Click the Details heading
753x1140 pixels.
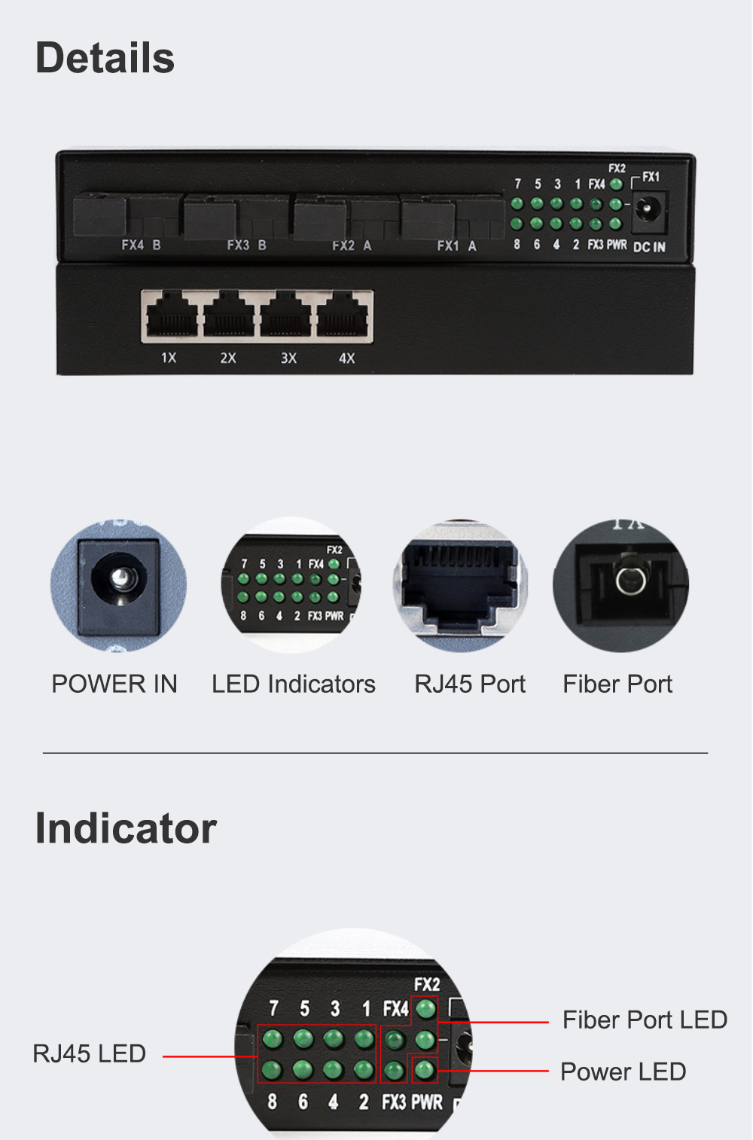click(x=105, y=57)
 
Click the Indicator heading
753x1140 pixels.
click(x=126, y=828)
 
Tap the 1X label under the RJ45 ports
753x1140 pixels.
click(x=169, y=358)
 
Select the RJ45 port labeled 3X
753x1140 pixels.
click(x=285, y=315)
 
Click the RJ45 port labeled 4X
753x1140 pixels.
click(x=342, y=315)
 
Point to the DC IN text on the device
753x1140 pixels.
click(x=649, y=247)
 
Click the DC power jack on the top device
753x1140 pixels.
click(x=648, y=210)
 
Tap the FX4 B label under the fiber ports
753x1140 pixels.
click(x=141, y=245)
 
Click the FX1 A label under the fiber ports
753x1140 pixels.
click(x=457, y=246)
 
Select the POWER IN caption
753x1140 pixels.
click(x=114, y=684)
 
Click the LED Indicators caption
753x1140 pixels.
click(x=294, y=684)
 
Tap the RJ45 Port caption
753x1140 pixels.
click(x=470, y=684)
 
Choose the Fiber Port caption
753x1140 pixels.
click(x=617, y=684)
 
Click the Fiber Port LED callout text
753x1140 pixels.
click(x=645, y=1020)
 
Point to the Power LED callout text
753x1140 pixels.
click(x=623, y=1071)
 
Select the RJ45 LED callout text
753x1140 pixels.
click(x=89, y=1053)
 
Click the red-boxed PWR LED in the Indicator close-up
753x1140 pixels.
click(x=425, y=1070)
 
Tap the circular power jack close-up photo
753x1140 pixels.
click(x=118, y=585)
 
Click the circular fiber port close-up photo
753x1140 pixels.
click(x=620, y=585)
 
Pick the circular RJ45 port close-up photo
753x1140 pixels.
click(x=460, y=585)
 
